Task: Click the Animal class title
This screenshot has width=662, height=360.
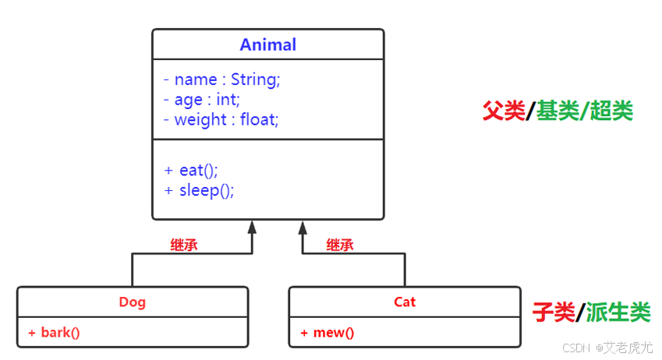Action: pos(267,44)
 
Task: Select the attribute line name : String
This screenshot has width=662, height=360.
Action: pos(221,79)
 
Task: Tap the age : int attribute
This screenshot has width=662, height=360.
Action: pos(202,100)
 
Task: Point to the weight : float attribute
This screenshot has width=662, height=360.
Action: pos(221,120)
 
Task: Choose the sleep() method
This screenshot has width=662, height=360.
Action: pos(199,190)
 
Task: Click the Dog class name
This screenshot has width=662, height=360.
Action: pos(132,302)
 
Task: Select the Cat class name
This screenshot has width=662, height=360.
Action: pos(405,302)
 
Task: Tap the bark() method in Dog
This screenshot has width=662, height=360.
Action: pos(55,333)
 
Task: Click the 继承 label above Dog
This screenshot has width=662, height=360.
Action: pos(184,245)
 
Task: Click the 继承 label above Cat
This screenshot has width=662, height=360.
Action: pos(340,245)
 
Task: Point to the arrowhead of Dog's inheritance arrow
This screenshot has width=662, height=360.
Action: pos(252,227)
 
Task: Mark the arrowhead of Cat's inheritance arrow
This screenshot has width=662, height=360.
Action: pos(303,227)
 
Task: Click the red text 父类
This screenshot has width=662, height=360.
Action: pos(504,111)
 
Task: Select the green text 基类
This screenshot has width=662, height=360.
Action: pos(557,111)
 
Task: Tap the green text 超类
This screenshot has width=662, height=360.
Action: pos(611,111)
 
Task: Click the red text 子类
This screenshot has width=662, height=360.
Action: pos(554,313)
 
